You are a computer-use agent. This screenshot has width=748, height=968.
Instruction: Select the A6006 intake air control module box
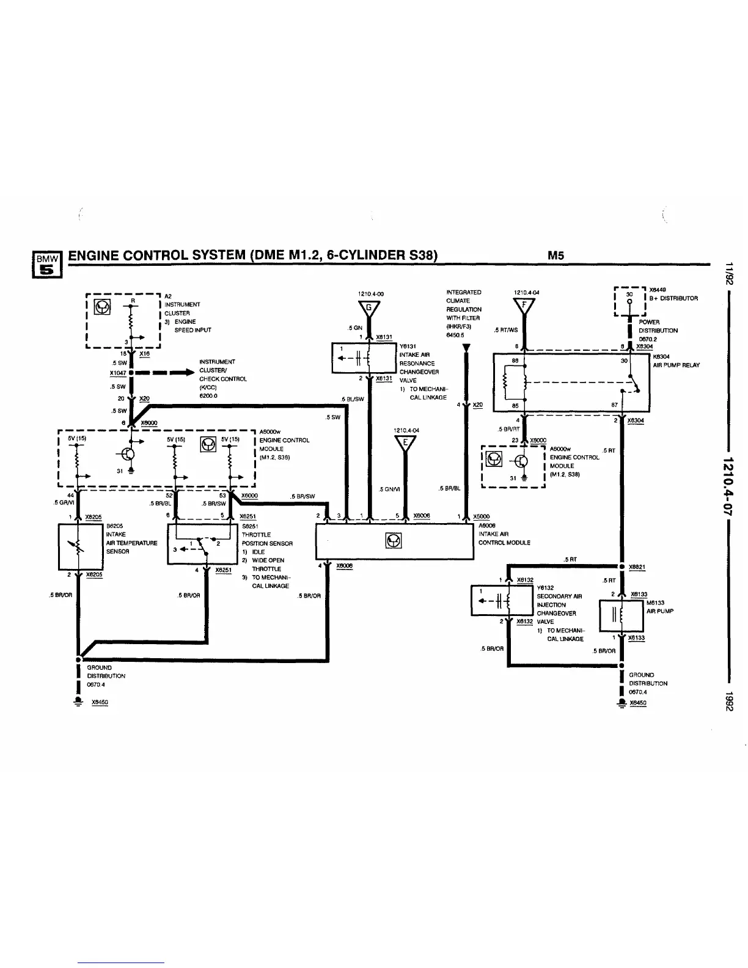[394, 541]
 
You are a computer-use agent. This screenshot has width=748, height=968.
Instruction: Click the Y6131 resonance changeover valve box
[364, 358]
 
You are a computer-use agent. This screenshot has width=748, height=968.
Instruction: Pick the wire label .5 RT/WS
[505, 331]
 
